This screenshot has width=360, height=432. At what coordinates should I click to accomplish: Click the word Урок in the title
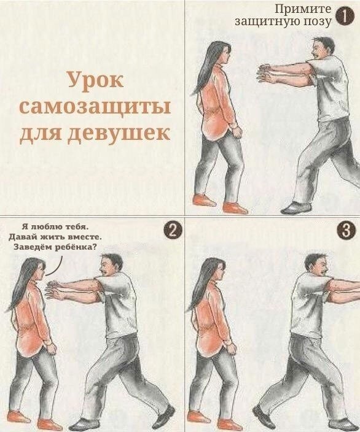(x=95, y=80)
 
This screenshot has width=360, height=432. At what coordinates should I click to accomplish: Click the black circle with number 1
(x=344, y=17)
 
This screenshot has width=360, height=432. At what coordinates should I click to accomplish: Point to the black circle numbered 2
(x=173, y=230)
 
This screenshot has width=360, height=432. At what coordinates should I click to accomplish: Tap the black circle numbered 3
(x=345, y=230)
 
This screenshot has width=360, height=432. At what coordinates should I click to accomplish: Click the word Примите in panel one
(x=303, y=9)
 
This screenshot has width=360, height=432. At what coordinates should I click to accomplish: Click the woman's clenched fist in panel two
(x=51, y=348)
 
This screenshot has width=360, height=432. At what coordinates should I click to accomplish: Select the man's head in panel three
(x=316, y=265)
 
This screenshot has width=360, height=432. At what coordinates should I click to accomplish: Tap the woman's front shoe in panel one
(x=235, y=208)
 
